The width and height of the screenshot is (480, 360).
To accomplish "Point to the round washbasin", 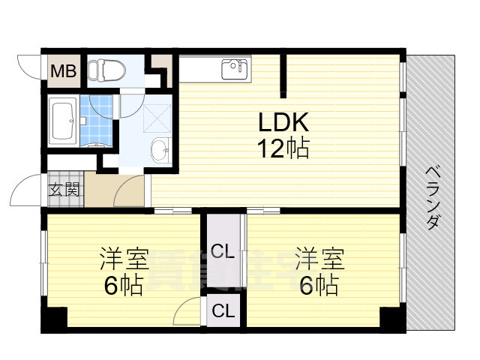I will tap(160, 150).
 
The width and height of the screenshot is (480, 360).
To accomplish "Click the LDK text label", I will tap(284, 122).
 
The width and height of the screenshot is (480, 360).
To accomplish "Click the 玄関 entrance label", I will tap(64, 190).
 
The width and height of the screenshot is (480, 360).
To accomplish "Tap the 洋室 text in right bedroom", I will tap(318, 259).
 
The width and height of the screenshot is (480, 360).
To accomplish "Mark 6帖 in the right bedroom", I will tap(318, 286).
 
